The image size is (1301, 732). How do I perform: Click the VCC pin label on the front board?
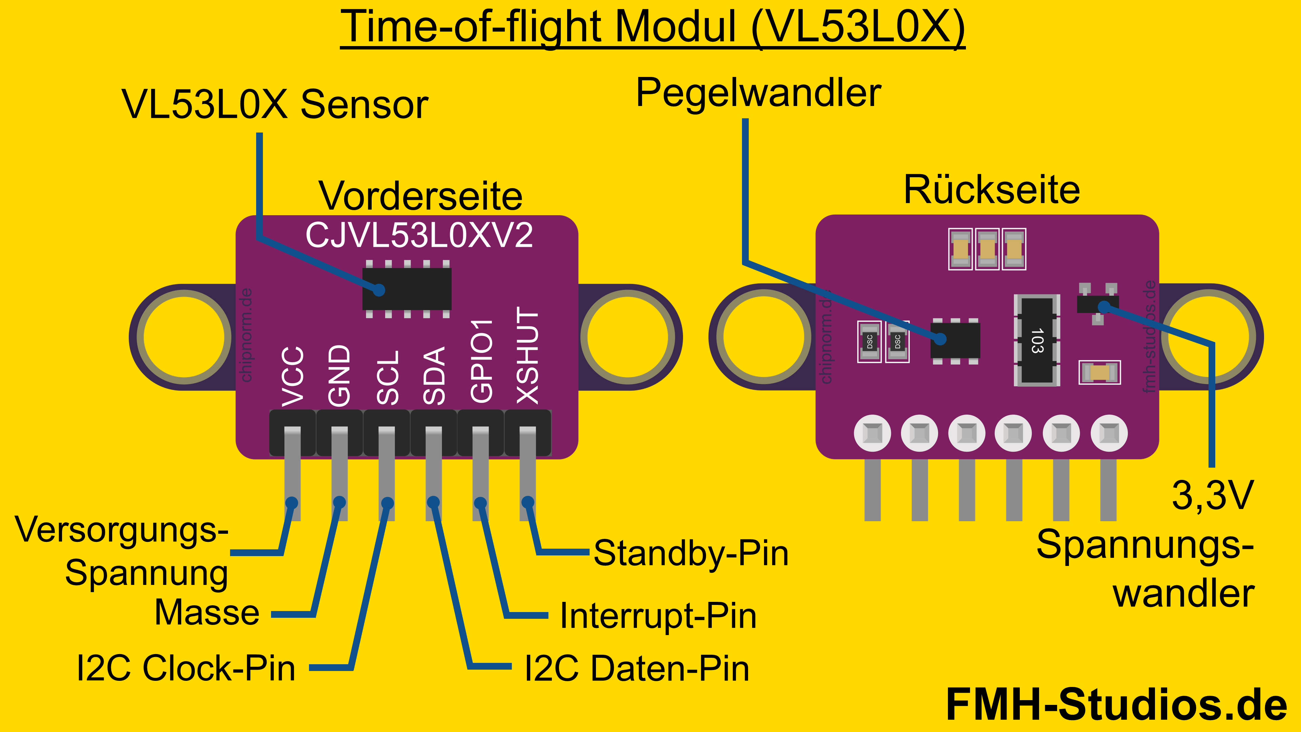pyautogui.click(x=292, y=377)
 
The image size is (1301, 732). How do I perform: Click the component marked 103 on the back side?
pyautogui.click(x=1036, y=340)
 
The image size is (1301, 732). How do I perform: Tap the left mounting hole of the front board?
pyautogui.click(x=184, y=337)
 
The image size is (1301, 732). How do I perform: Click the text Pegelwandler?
pyautogui.click(x=758, y=94)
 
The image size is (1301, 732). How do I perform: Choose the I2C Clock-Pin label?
pyautogui.click(x=186, y=668)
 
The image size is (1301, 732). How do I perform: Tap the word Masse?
pyautogui.click(x=207, y=613)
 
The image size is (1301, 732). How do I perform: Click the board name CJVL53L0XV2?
pyautogui.click(x=419, y=236)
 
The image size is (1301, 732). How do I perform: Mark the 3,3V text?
pyautogui.click(x=1213, y=495)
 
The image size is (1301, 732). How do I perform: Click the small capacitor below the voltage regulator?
pyautogui.click(x=1099, y=372)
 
